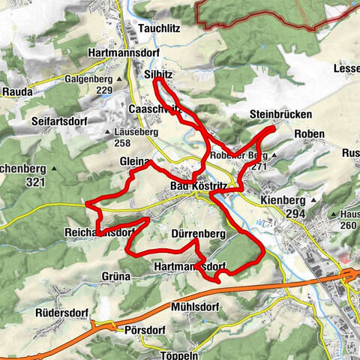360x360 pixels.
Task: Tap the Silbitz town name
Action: tap(158, 77)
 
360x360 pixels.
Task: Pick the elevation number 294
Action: tap(296, 214)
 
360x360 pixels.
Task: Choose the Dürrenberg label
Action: tap(199, 234)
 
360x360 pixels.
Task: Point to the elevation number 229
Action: tap(104, 91)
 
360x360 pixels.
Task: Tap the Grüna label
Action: tap(116, 276)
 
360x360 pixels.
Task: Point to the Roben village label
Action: tap(309, 134)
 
